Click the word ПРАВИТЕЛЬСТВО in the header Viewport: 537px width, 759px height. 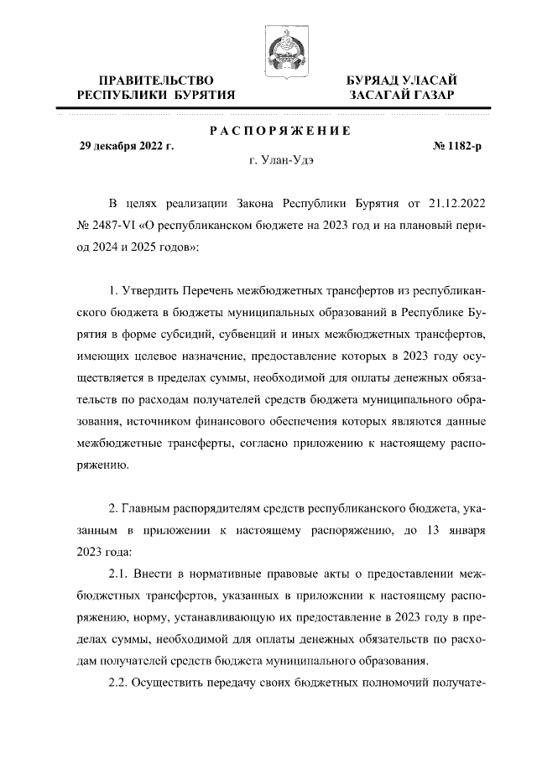point(155,80)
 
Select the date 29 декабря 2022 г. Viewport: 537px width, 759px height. point(126,146)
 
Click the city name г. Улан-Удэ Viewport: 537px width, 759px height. point(282,159)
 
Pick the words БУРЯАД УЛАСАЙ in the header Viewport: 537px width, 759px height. point(402,80)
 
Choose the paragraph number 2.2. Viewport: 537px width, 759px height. point(122,683)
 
